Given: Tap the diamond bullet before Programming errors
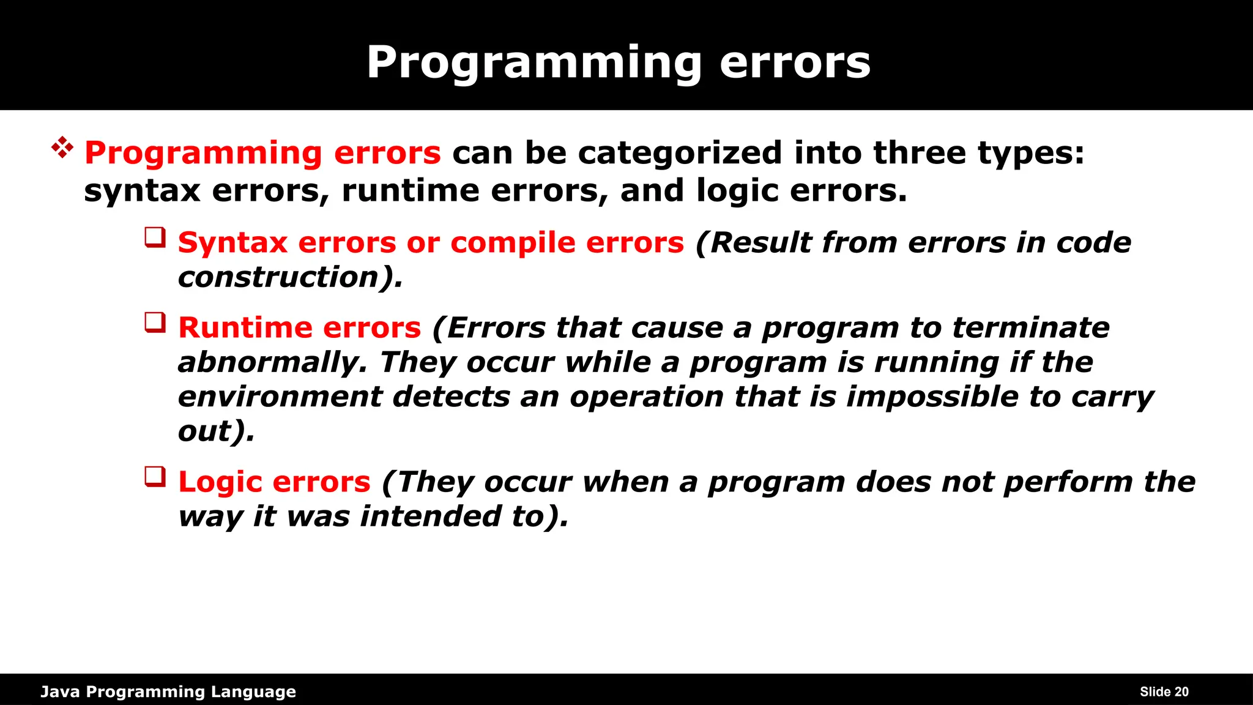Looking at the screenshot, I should pyautogui.click(x=62, y=148).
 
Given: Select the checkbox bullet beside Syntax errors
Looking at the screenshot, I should pyautogui.click(x=155, y=237).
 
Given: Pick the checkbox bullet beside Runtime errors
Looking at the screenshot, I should pyautogui.click(x=155, y=323).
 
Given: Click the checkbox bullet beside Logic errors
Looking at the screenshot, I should pyautogui.click(x=155, y=477).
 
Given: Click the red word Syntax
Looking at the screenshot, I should pyautogui.click(x=232, y=243).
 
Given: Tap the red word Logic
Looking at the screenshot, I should pyautogui.click(x=220, y=482).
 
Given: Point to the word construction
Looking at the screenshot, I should pyautogui.click(x=279, y=277).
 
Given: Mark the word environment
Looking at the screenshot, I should pyautogui.click(x=280, y=397).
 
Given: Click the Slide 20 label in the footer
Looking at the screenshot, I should pyautogui.click(x=1164, y=692).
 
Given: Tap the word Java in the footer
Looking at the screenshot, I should pyautogui.click(x=59, y=692).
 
